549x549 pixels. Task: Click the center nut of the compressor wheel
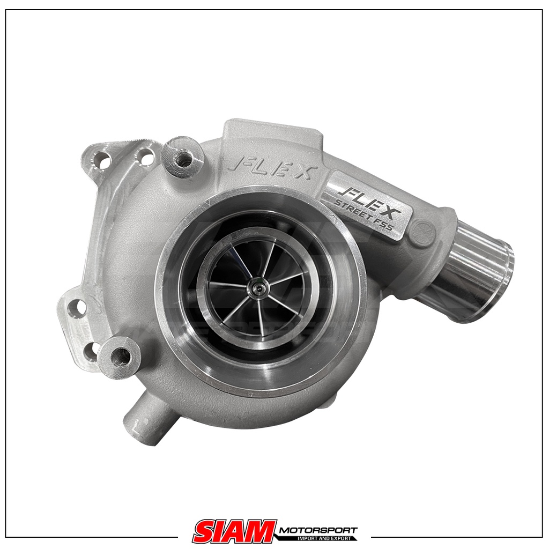click(258, 288)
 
